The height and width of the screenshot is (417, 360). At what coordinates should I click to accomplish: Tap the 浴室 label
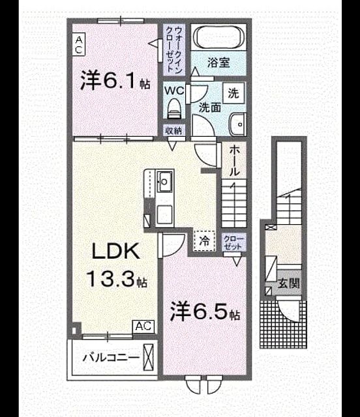pos(218,63)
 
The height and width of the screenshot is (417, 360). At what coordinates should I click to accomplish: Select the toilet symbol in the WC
pos(174,108)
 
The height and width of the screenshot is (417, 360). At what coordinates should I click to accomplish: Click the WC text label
pos(174,91)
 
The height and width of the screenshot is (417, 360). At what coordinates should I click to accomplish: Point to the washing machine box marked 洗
pos(233,93)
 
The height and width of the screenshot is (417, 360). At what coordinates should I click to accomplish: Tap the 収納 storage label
pos(174,131)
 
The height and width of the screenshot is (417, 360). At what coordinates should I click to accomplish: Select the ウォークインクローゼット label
pos(174,50)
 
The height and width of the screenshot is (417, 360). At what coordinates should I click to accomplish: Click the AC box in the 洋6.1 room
pos(79,44)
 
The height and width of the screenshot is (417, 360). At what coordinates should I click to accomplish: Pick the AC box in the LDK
pos(143,326)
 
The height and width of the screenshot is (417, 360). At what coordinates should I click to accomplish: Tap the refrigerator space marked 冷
pos(205,241)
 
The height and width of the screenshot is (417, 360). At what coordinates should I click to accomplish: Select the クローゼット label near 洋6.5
pos(233,242)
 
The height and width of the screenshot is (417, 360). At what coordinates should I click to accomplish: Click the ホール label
pos(233,161)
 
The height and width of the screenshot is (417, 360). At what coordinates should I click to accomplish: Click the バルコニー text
pos(111,357)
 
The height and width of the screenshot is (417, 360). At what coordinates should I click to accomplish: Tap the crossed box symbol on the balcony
pos(149,357)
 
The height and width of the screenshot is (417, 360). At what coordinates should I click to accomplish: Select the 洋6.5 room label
pos(205,311)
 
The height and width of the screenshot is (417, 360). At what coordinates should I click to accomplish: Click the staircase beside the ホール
pos(233,203)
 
